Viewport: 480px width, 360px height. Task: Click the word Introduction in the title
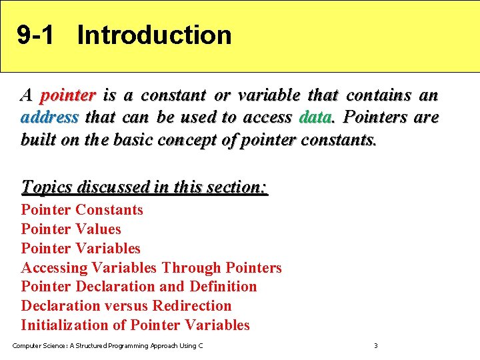pyautogui.click(x=154, y=35)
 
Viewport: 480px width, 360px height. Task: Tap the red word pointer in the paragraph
pyautogui.click(x=68, y=95)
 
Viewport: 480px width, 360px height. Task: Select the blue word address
pyautogui.click(x=50, y=118)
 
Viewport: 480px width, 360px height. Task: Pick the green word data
pyautogui.click(x=315, y=118)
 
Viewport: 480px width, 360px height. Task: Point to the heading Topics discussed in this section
pyautogui.click(x=145, y=187)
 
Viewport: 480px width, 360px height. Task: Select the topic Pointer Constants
pyautogui.click(x=82, y=210)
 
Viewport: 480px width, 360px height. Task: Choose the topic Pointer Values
pyautogui.click(x=71, y=229)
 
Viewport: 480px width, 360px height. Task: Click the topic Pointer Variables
pyautogui.click(x=81, y=249)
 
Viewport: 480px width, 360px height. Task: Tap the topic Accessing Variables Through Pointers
pyautogui.click(x=151, y=268)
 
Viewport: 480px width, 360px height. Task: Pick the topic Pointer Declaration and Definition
pyautogui.click(x=139, y=287)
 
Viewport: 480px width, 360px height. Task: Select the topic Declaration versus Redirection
pyautogui.click(x=126, y=306)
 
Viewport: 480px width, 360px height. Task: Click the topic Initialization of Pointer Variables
pyautogui.click(x=135, y=325)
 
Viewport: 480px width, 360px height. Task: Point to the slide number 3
pyautogui.click(x=375, y=346)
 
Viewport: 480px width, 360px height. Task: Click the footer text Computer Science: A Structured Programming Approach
pyautogui.click(x=107, y=346)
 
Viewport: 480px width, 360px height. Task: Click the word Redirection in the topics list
pyautogui.click(x=192, y=306)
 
